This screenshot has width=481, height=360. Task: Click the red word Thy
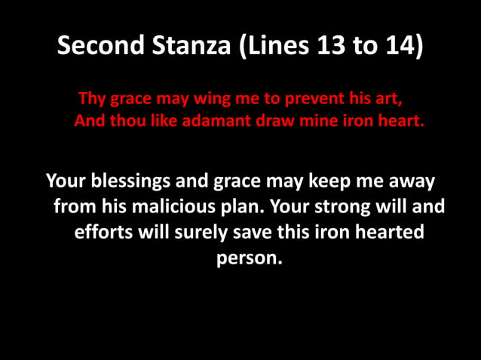(x=92, y=99)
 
